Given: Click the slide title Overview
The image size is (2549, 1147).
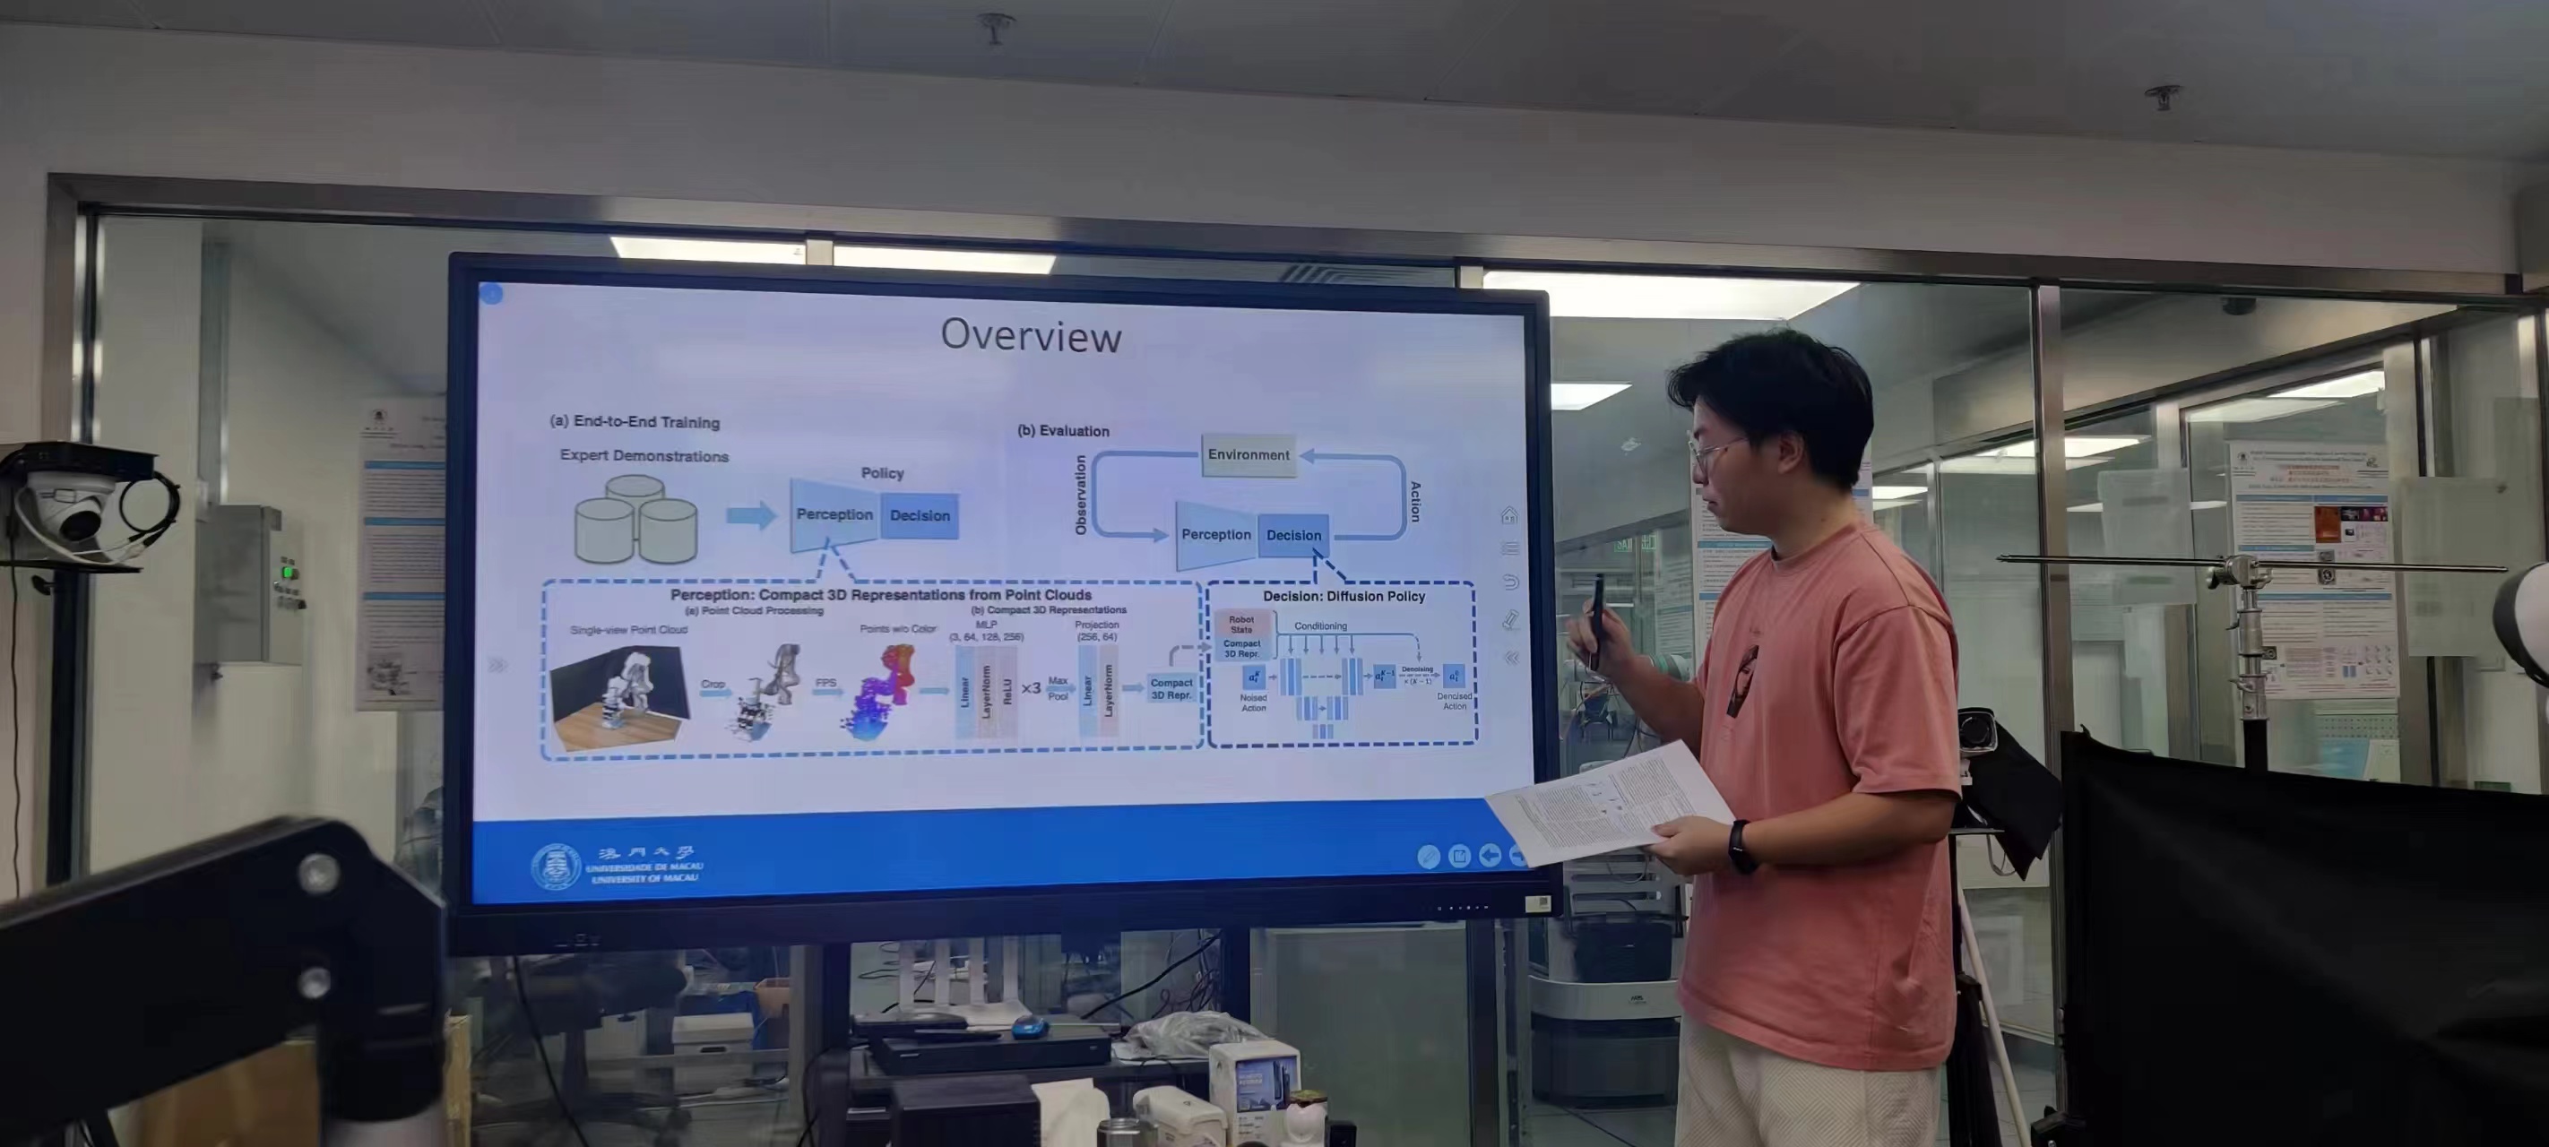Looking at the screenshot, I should coord(1030,335).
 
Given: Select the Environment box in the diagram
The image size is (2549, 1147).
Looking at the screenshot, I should coord(1248,455).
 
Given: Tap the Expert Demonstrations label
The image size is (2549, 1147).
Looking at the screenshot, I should coord(644,456).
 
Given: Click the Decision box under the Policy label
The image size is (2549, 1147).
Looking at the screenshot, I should coord(920,515).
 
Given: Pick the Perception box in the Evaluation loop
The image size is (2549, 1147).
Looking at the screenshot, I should coord(1215,535).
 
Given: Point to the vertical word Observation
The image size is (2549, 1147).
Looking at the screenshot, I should coord(1081,495).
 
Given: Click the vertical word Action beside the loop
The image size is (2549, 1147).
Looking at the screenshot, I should coord(1415,502).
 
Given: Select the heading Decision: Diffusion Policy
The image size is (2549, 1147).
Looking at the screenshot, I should coord(1343,597).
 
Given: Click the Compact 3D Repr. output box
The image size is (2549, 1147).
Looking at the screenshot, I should coord(1171,689).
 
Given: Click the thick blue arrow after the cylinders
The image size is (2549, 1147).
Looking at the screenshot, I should coord(751,515).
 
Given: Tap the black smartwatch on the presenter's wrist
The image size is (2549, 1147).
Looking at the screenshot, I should coord(1741,847).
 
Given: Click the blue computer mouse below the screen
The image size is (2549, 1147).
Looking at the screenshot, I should coord(1029,1026).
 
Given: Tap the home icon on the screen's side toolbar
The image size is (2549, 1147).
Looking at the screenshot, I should coord(1509,515).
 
